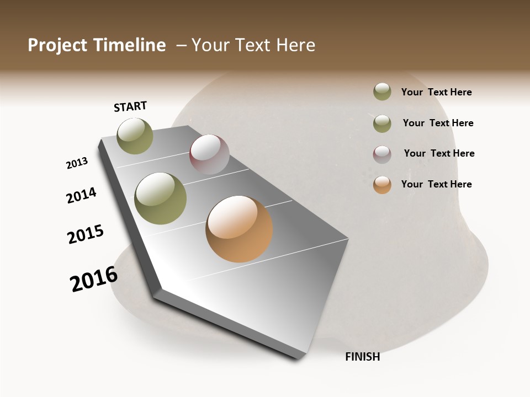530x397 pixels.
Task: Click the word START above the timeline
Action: pos(130,106)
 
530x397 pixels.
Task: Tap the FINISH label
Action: pos(363,357)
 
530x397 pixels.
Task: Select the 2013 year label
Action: pos(77,163)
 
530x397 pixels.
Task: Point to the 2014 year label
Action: pos(81,195)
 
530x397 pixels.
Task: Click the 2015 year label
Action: pos(86,234)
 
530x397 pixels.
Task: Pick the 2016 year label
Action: pos(94,279)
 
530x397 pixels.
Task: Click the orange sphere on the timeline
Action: pos(239,229)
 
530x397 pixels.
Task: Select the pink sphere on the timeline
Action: pos(209,154)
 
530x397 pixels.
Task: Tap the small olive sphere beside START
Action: pos(135,136)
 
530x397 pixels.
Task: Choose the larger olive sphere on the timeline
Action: pos(161,198)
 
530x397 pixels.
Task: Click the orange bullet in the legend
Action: pos(382,185)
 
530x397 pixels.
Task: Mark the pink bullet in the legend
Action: pos(382,154)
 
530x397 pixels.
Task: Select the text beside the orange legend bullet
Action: pos(436,184)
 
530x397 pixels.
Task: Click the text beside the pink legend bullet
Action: pos(439,153)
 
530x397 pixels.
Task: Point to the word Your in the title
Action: pos(210,45)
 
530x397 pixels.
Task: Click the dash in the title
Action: pos(181,45)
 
